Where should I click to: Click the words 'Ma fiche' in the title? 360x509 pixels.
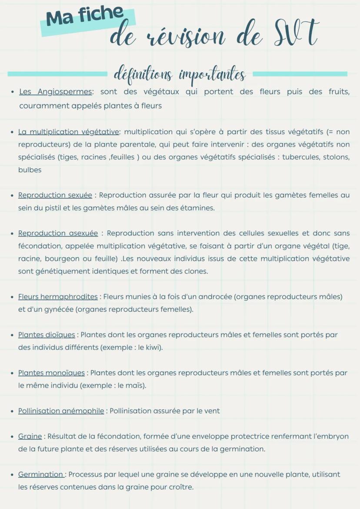(x=85, y=17)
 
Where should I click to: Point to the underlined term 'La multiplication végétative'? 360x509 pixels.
(x=68, y=132)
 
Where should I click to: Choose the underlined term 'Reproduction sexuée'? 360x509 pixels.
(x=55, y=195)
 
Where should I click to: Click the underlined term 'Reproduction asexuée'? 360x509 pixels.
(x=58, y=233)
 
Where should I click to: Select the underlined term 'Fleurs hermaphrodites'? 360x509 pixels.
(x=58, y=297)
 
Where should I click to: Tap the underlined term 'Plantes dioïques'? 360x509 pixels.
(x=47, y=335)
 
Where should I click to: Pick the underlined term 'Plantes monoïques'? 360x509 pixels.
(x=51, y=373)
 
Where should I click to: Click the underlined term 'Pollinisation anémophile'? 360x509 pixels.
(x=61, y=411)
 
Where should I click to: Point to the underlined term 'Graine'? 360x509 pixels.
(x=30, y=436)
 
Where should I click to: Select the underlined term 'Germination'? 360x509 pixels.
(x=41, y=474)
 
